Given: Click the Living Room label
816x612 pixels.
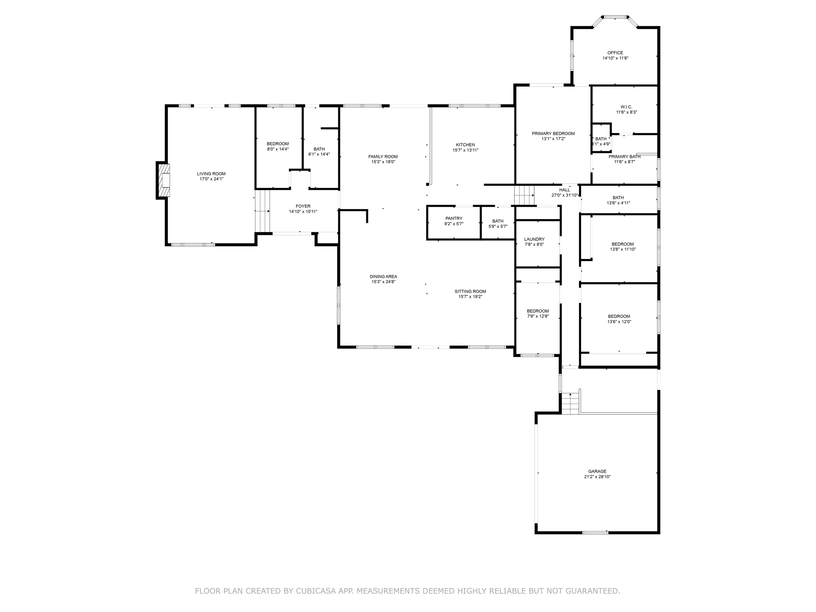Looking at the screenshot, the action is pyautogui.click(x=211, y=174).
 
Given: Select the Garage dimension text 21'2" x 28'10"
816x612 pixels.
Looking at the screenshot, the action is pyautogui.click(x=597, y=477).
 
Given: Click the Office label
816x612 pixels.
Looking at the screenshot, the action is pyautogui.click(x=615, y=53).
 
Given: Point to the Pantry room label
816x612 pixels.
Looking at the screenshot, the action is pyautogui.click(x=454, y=218).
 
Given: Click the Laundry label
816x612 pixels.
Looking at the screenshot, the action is pyautogui.click(x=534, y=239).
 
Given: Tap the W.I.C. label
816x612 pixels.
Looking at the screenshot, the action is pyautogui.click(x=626, y=107).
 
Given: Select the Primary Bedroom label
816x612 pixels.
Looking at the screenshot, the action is pyautogui.click(x=553, y=133).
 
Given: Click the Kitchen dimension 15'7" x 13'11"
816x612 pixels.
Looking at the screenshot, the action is pyautogui.click(x=465, y=150).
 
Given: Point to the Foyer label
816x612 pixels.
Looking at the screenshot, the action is pyautogui.click(x=303, y=206).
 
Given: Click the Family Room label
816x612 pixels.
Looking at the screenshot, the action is pyautogui.click(x=383, y=157).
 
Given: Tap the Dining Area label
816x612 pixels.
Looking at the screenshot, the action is pyautogui.click(x=383, y=277).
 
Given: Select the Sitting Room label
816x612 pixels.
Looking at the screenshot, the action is pyautogui.click(x=470, y=291).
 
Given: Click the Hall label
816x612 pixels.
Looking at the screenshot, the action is pyautogui.click(x=565, y=190).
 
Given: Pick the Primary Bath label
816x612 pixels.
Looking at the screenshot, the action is pyautogui.click(x=624, y=157).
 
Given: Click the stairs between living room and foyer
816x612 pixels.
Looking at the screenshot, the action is pyautogui.click(x=263, y=211).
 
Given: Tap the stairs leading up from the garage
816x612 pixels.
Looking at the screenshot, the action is pyautogui.click(x=570, y=403).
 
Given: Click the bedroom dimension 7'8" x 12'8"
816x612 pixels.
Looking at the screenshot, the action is pyautogui.click(x=538, y=316).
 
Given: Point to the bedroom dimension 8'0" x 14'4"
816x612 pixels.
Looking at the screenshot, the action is pyautogui.click(x=278, y=149).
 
